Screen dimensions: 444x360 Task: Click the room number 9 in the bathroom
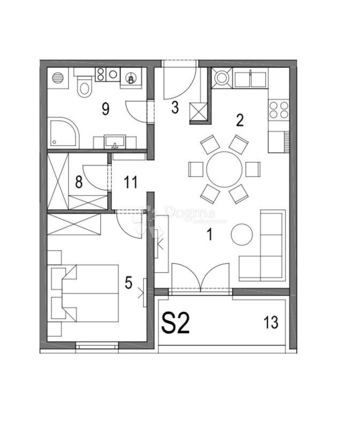point(105,109)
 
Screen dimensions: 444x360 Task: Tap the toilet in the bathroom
point(84,86)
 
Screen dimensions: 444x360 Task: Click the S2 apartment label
point(176,323)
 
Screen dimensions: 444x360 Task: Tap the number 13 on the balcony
point(271,322)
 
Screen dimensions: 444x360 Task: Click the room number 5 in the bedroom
point(128,283)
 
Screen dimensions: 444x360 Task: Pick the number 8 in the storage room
point(79,182)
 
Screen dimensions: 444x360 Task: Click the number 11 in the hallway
point(130,182)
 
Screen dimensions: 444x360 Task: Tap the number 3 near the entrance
point(175,107)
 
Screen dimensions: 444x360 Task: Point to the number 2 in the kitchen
point(239,119)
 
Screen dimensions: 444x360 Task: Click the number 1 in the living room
point(210,234)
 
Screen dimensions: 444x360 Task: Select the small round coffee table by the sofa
point(242,234)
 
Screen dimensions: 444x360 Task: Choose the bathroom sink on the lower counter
point(115,142)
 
